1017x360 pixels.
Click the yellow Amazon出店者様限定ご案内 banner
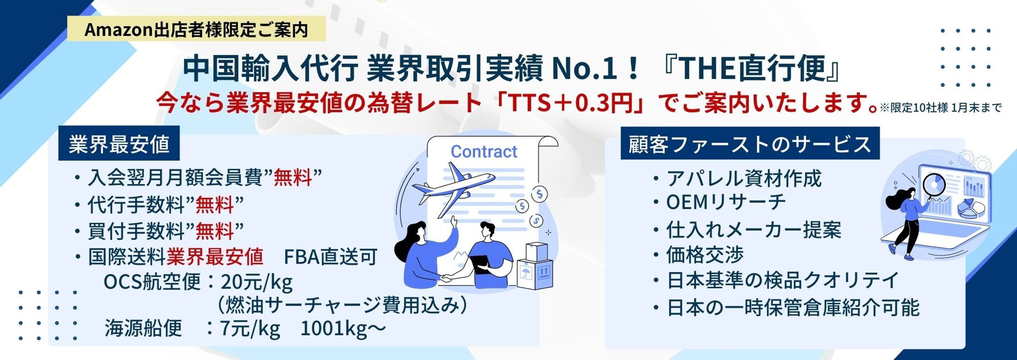[196, 29]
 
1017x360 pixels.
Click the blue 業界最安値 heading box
[119, 143]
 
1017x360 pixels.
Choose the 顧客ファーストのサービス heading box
[750, 143]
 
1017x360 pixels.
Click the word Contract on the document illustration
[484, 151]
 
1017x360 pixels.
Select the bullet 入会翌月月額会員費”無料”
[197, 178]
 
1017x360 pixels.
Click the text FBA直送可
[330, 257]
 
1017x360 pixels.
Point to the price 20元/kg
[257, 282]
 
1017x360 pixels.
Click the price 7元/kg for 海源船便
[250, 328]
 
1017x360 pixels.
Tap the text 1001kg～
[343, 328]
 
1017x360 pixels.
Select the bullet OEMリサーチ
[720, 202]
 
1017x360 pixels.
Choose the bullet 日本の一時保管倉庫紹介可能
[786, 308]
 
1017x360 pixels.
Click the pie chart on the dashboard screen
[971, 209]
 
